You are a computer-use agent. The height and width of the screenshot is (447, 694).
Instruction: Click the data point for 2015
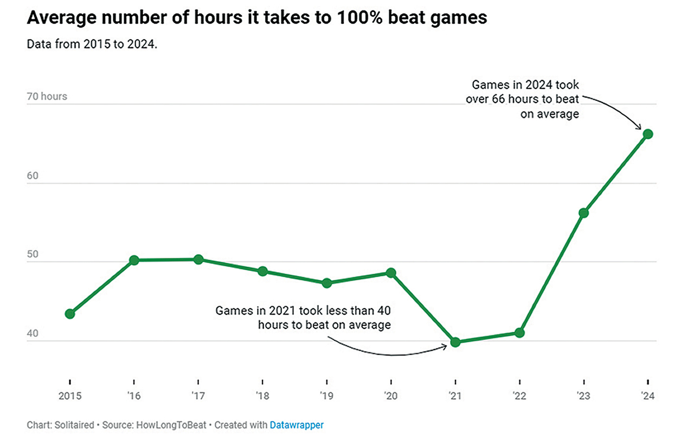pyautogui.click(x=70, y=314)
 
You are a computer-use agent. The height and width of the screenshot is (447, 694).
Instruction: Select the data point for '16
pyautogui.click(x=134, y=260)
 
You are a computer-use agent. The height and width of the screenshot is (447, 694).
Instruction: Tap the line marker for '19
pyautogui.click(x=326, y=283)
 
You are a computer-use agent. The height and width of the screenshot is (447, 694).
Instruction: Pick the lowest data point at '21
pyautogui.click(x=455, y=342)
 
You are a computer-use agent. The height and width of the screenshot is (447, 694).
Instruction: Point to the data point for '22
pyautogui.click(x=519, y=333)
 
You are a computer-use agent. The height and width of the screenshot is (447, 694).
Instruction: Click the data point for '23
pyautogui.click(x=583, y=213)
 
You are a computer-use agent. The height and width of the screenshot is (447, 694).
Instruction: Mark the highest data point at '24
pyautogui.click(x=647, y=134)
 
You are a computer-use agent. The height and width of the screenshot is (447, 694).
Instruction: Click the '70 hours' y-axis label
pyautogui.click(x=47, y=96)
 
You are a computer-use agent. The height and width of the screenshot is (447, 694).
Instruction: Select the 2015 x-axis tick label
pyautogui.click(x=70, y=396)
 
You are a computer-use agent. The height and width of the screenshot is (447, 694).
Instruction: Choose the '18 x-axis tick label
pyautogui.click(x=262, y=396)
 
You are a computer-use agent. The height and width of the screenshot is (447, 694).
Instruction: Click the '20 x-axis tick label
pyautogui.click(x=390, y=396)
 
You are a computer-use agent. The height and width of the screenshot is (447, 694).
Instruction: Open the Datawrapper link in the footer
pyautogui.click(x=297, y=425)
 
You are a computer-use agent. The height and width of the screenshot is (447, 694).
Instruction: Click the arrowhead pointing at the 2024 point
pyautogui.click(x=639, y=127)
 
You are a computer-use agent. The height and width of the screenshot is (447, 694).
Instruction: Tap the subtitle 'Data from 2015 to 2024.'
pyautogui.click(x=92, y=44)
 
